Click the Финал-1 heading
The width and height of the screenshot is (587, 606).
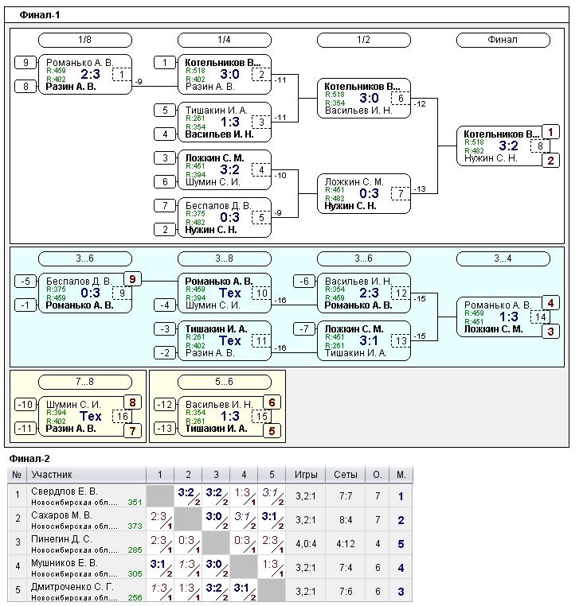coord(40,14)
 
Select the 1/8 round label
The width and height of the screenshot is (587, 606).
coord(85,40)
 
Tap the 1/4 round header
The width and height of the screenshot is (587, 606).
coord(225,40)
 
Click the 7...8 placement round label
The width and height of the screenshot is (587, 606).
coord(85,382)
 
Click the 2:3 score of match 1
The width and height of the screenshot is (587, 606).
coord(89,74)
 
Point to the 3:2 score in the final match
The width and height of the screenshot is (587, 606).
coord(509,146)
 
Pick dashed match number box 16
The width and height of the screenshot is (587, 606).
coord(123,416)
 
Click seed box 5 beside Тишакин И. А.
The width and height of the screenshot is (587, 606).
coord(165,110)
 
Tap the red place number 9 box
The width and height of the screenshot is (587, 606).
coord(133,278)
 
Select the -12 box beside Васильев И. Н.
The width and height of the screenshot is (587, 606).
coord(165,405)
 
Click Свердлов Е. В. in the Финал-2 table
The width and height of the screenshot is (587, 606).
coord(64,491)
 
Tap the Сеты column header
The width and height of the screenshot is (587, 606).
coord(345,475)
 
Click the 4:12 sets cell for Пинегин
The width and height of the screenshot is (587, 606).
coord(345,544)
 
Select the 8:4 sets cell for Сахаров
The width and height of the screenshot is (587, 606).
coord(345,520)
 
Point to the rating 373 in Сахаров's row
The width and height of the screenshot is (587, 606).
coord(135,526)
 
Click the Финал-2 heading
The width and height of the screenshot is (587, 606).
coord(29,459)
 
